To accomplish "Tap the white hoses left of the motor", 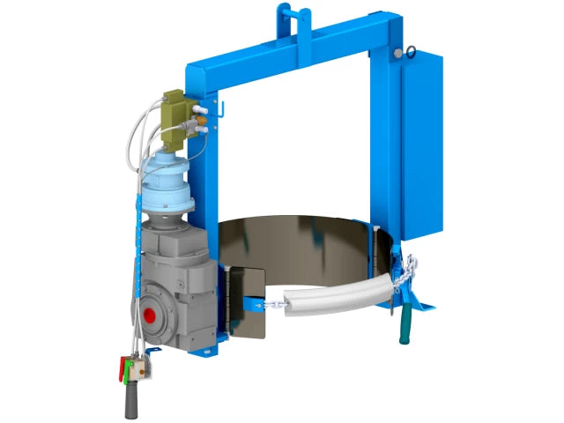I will tap(140, 132).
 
